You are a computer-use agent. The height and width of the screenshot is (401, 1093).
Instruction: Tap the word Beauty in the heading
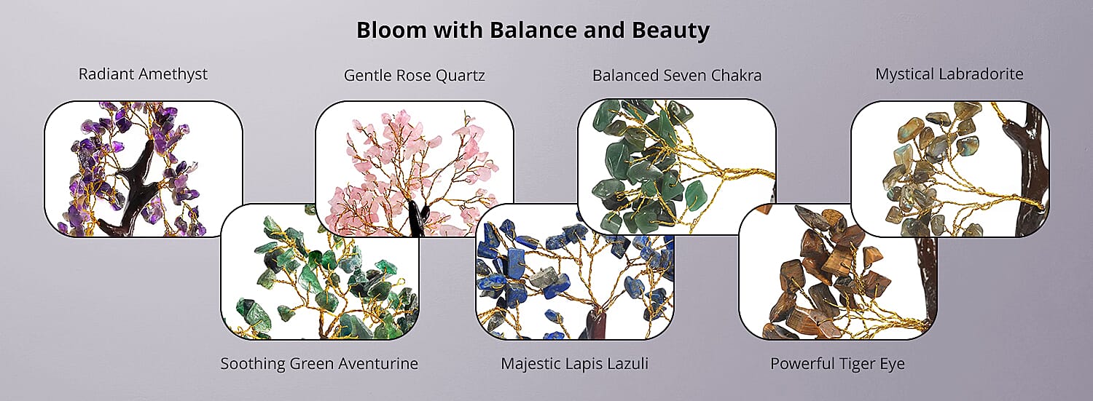(670, 31)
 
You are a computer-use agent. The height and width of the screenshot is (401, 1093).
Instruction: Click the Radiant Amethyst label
(143, 74)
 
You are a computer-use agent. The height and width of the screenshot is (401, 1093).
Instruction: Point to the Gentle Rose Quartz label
(415, 76)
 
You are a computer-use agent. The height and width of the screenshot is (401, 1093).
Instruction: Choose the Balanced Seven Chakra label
(677, 76)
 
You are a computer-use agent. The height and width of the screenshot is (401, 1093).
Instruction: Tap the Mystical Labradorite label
(949, 74)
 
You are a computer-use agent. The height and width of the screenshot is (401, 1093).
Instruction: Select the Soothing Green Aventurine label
(319, 363)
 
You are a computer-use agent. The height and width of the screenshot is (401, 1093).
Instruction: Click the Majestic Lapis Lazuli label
(574, 363)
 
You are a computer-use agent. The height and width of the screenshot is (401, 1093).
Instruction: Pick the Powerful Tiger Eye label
(837, 364)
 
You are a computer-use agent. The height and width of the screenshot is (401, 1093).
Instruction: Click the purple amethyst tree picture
(144, 169)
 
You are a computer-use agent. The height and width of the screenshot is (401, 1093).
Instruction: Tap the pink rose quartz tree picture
(415, 169)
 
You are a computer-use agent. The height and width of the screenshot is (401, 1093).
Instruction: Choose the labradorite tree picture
(950, 169)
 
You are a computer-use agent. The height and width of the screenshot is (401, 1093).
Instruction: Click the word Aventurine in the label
(379, 363)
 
